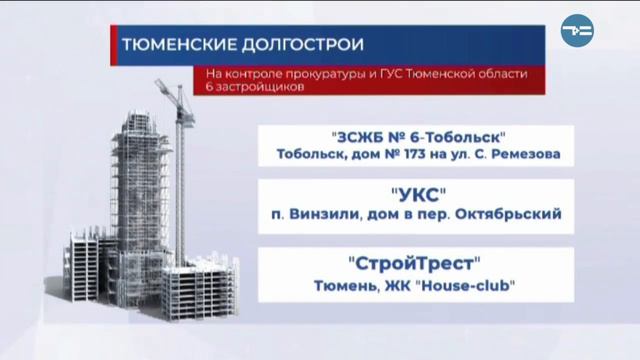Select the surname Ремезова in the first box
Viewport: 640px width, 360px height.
pos(523,154)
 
